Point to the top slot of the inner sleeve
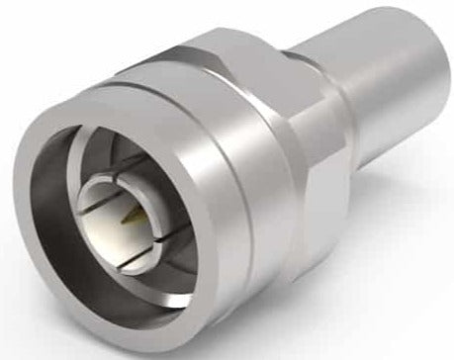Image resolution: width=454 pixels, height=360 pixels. (x=123, y=182)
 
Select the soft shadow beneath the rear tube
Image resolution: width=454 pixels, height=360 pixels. (x=396, y=183)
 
